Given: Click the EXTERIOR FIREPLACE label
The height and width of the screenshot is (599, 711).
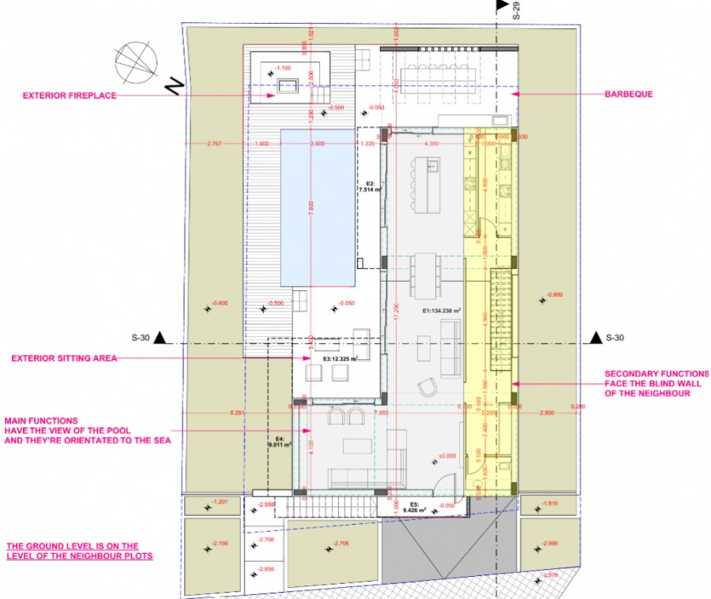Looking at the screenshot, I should click(70, 95).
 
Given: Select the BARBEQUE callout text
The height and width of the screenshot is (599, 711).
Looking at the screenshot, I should click(629, 94).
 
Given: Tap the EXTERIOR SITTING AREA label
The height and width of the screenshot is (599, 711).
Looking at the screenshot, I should click(64, 358).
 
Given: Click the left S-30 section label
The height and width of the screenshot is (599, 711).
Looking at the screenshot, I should click(141, 338).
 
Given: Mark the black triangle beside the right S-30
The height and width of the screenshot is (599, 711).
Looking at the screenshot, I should click(594, 338).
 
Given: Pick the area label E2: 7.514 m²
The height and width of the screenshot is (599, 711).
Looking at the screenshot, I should click(370, 188).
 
